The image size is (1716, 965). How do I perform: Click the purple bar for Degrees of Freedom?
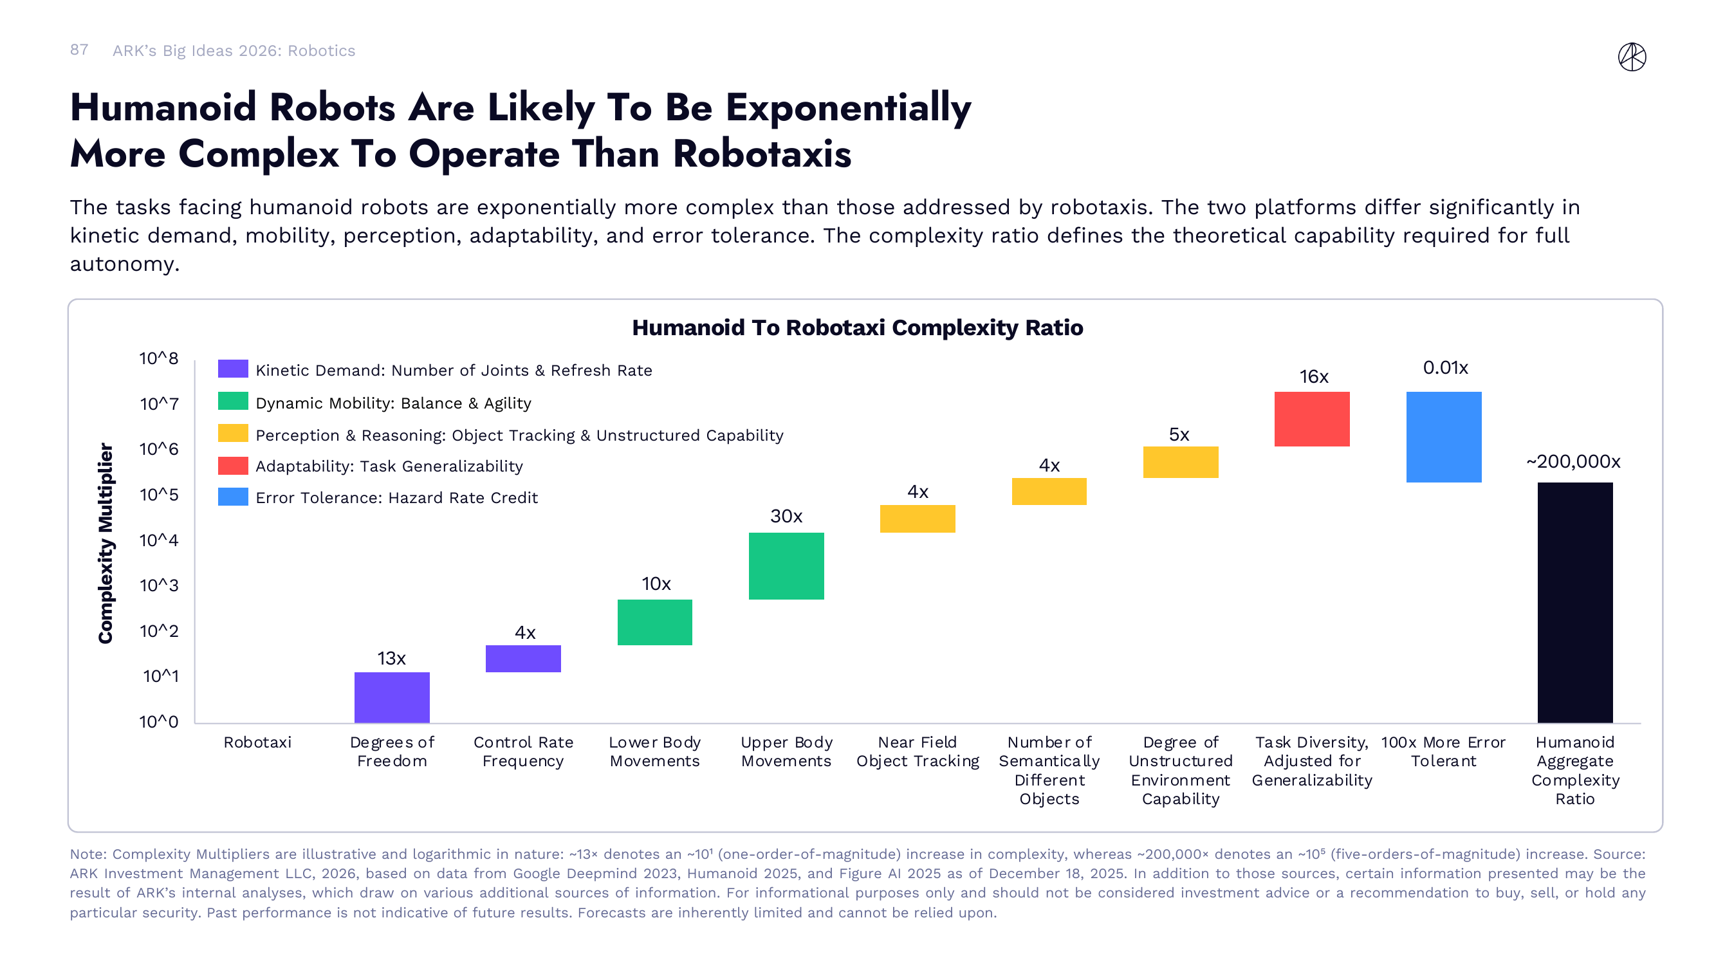pos(392,697)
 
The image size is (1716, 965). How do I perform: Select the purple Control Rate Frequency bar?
pos(523,659)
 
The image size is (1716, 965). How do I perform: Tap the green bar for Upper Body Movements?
pos(786,566)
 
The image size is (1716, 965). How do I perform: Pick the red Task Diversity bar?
pos(1312,419)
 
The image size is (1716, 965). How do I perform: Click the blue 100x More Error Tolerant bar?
pos(1444,437)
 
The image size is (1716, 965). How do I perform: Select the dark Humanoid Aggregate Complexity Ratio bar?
pos(1575,603)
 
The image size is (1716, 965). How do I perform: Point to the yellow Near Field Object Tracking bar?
pos(918,519)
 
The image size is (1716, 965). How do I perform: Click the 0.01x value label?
pos(1445,367)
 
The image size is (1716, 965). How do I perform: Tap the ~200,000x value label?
pos(1573,461)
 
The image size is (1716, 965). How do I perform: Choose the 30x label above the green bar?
pos(786,516)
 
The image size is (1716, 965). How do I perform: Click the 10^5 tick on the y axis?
pos(158,495)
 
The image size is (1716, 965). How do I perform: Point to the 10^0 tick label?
pos(158,722)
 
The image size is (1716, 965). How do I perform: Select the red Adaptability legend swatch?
pos(232,466)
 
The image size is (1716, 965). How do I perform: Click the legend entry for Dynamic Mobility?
pos(393,403)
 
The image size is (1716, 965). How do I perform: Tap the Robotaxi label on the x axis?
pos(257,742)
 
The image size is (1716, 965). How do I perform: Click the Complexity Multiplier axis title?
pos(106,543)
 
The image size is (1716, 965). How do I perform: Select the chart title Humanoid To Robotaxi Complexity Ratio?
pos(857,327)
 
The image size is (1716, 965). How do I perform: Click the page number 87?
pos(78,50)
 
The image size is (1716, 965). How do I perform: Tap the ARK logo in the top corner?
pos(1632,57)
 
